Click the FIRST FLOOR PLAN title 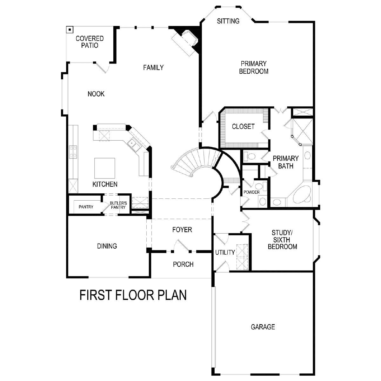tap(133, 295)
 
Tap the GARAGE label tap(263, 327)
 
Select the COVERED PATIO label tap(90, 42)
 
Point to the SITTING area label tap(228, 21)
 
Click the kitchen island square tap(104, 168)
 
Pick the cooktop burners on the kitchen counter tap(73, 152)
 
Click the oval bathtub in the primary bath tap(302, 195)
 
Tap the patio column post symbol tap(70, 30)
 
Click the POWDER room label tap(251, 192)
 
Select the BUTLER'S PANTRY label tap(118, 205)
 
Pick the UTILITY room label tap(225, 252)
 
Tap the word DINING tap(107, 246)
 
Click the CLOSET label tap(243, 127)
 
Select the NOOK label tap(96, 94)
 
